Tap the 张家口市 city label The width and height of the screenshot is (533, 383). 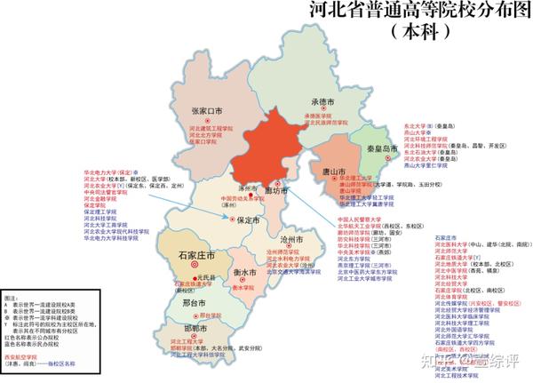click(x=211, y=111)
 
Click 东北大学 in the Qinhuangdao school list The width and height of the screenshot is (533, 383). click(x=417, y=125)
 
